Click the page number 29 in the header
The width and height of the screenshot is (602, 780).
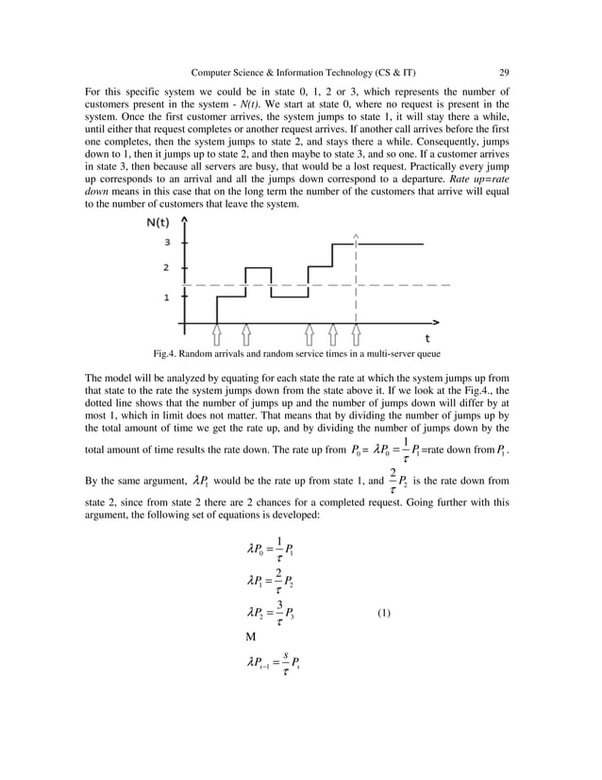point(504,73)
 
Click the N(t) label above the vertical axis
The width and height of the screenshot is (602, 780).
point(159,223)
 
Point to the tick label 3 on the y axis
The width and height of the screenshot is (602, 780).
point(166,243)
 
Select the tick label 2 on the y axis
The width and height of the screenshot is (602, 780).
point(166,268)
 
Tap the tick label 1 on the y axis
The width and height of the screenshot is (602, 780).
point(166,297)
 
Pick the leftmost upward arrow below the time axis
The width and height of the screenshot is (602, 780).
point(217,333)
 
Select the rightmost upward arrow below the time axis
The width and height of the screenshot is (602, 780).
point(356,333)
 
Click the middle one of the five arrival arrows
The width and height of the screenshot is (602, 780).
point(309,333)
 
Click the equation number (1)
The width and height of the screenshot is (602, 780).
point(384,613)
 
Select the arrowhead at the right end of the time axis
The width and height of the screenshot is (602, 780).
point(435,322)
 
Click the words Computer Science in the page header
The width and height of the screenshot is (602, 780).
point(227,73)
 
